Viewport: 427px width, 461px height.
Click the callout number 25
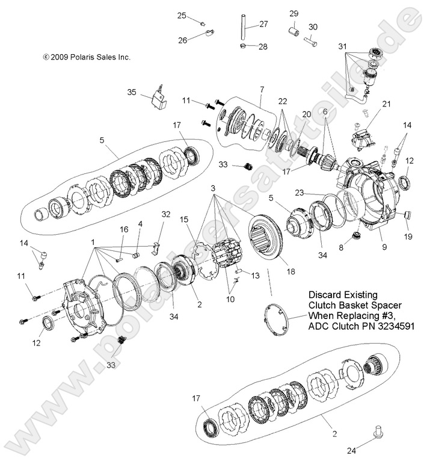click(x=181, y=16)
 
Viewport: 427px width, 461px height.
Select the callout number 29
click(x=294, y=13)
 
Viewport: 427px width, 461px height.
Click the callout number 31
click(x=342, y=46)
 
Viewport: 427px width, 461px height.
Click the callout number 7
click(x=262, y=89)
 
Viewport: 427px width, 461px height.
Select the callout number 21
click(x=386, y=104)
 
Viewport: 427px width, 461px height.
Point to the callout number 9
click(x=383, y=246)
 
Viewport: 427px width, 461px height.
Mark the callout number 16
click(x=124, y=229)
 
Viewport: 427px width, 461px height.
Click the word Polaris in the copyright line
click(x=85, y=57)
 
